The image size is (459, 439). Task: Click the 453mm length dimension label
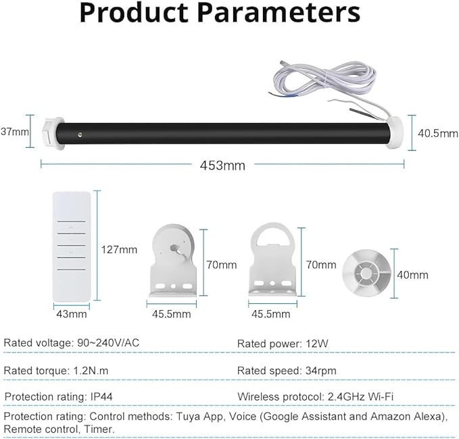pyautogui.click(x=222, y=165)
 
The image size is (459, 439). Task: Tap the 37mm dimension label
pyautogui.click(x=15, y=132)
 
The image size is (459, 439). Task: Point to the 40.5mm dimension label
pyautogui.click(x=438, y=133)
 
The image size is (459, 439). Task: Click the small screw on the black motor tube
pyautogui.click(x=80, y=134)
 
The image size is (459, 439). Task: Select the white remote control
pyautogui.click(x=72, y=247)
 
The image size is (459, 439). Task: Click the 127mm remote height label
pyautogui.click(x=119, y=250)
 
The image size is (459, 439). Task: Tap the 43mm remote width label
pyautogui.click(x=72, y=314)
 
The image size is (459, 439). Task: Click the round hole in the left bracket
pyautogui.click(x=174, y=249)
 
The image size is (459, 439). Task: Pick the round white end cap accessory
pyautogui.click(x=367, y=274)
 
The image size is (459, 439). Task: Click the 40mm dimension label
pyautogui.click(x=412, y=275)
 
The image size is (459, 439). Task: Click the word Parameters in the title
pyautogui.click(x=279, y=13)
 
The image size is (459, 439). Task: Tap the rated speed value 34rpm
pyautogui.click(x=321, y=371)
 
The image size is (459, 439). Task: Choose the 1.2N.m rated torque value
pyautogui.click(x=91, y=371)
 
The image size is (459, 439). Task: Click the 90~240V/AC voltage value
pyautogui.click(x=108, y=342)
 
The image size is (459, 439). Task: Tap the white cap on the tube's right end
pyautogui.click(x=394, y=132)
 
